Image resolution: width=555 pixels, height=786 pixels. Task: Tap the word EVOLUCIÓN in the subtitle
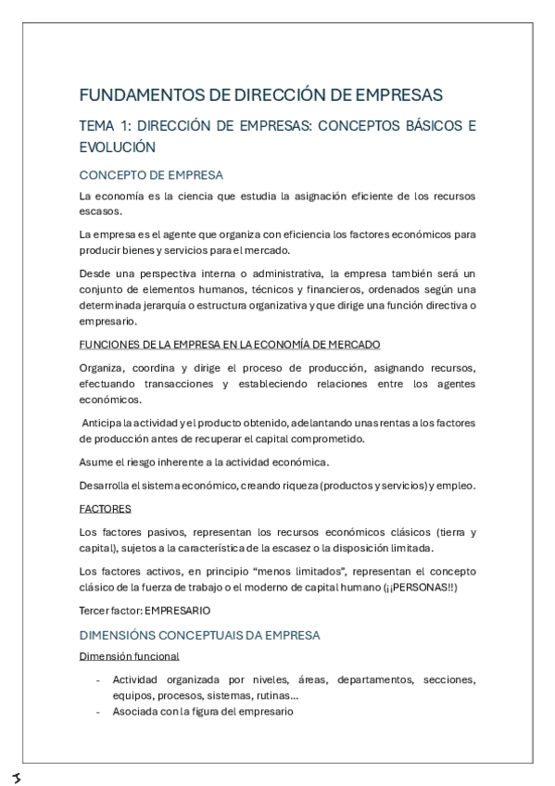(117, 147)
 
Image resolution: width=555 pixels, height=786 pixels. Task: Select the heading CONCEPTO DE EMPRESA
(151, 174)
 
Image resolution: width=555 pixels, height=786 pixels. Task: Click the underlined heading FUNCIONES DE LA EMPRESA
(216, 344)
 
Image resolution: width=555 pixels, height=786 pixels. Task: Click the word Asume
(97, 462)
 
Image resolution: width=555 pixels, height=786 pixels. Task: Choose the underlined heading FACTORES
(105, 508)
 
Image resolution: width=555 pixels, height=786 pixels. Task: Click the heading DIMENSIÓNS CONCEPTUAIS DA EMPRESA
(199, 635)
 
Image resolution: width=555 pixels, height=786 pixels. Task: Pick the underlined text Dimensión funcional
(129, 656)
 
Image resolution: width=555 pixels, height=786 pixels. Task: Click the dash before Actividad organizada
(98, 680)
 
